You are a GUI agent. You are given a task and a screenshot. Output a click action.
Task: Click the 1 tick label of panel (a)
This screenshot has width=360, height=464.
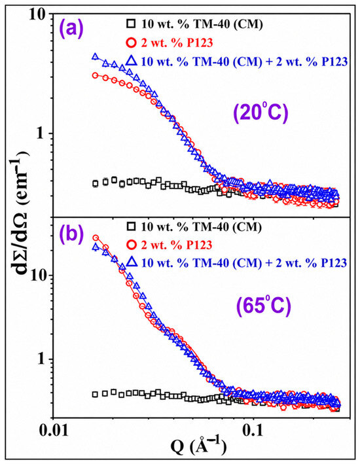tap(41, 133)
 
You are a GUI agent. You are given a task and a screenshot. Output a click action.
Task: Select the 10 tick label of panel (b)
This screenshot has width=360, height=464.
tap(38, 275)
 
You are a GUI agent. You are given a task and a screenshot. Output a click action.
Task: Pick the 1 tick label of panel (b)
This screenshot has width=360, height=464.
tap(41, 359)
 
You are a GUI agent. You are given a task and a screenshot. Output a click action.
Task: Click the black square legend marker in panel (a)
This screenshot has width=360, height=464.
tap(131, 24)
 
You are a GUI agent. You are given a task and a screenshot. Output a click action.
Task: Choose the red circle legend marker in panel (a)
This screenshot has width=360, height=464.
tap(131, 43)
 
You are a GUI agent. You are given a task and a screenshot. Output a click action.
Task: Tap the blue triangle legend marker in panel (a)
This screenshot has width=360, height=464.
tap(131, 61)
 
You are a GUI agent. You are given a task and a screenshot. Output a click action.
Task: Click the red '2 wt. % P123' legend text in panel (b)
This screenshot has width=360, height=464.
tap(177, 245)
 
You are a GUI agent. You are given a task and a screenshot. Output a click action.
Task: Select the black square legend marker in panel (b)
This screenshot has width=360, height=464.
tap(131, 226)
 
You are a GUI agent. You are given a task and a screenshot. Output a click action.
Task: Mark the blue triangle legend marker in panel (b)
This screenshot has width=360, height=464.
tap(131, 262)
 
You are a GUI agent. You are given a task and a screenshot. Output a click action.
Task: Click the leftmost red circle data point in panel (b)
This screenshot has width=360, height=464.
tap(96, 238)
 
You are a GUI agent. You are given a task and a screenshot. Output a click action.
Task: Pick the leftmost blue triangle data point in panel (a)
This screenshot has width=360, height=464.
tap(95, 56)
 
